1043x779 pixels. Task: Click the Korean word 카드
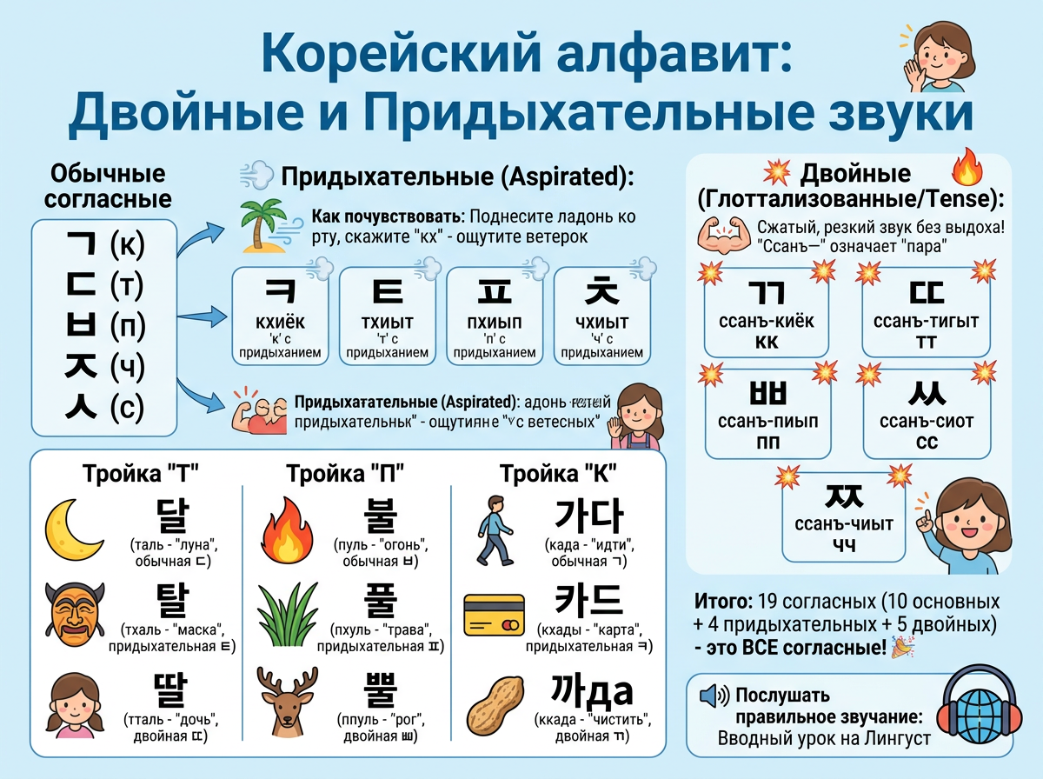click(588, 599)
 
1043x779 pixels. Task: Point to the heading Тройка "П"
click(345, 474)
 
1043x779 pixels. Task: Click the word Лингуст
click(897, 739)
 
